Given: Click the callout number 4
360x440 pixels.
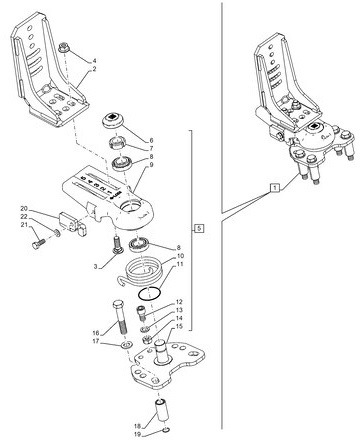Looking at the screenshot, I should [x=95, y=62].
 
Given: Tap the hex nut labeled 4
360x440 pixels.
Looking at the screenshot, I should [x=63, y=47].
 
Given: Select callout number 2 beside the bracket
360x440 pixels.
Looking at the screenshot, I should [x=95, y=71].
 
